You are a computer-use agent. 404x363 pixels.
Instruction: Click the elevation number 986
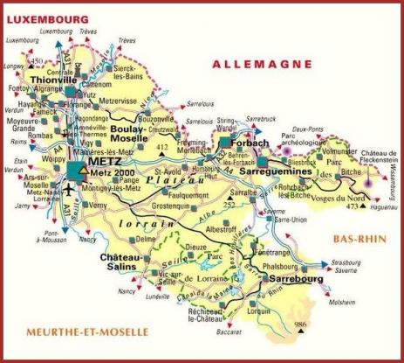(x=302, y=325)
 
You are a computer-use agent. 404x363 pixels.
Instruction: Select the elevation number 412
(x=161, y=149)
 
